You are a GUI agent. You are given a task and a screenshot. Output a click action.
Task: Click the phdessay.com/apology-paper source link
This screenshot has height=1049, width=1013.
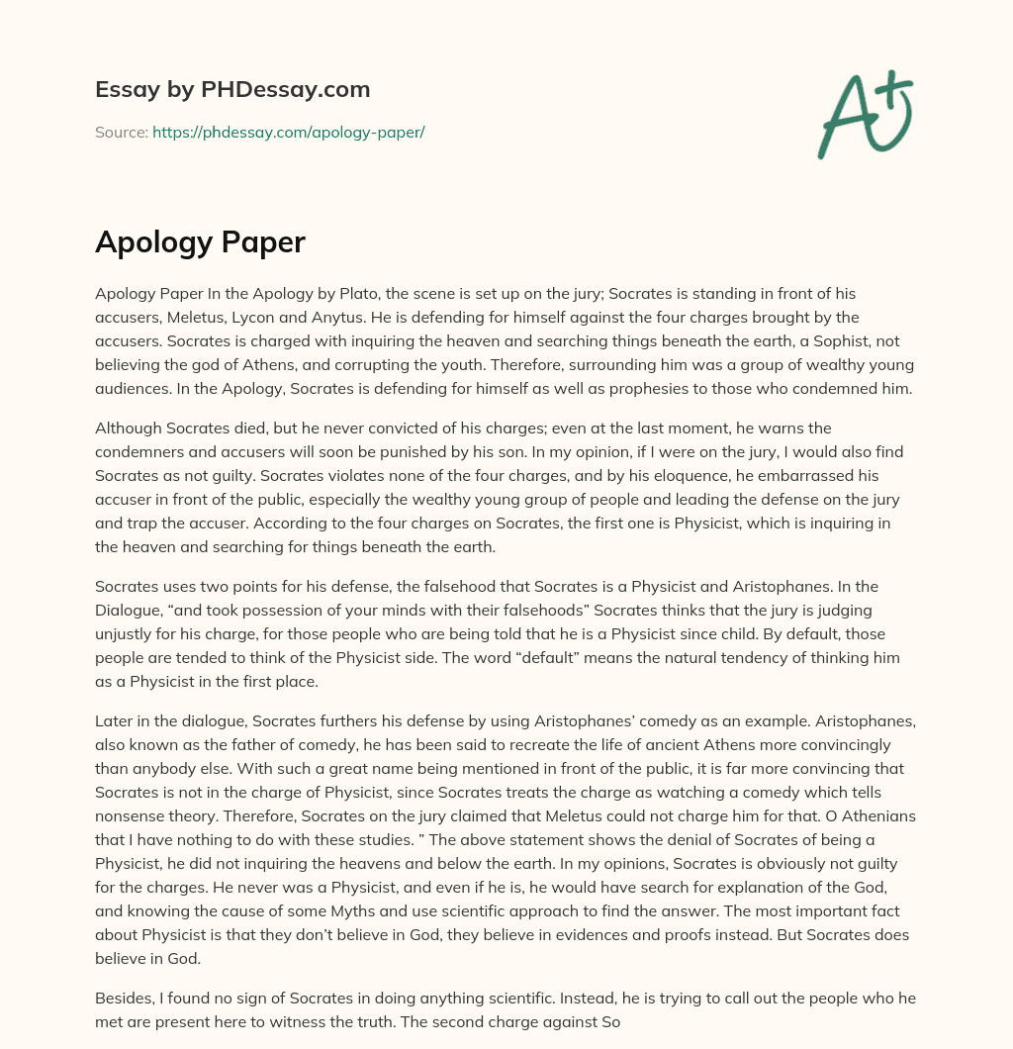[x=288, y=132]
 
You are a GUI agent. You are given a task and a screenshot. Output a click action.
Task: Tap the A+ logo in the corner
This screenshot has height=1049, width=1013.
[x=866, y=114]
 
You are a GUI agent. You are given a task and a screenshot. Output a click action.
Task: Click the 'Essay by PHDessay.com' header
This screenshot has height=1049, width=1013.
[x=232, y=90]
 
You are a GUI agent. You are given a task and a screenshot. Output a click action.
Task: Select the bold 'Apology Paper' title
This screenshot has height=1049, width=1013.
[x=200, y=242]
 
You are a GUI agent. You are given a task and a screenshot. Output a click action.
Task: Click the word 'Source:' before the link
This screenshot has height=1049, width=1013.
[x=121, y=132]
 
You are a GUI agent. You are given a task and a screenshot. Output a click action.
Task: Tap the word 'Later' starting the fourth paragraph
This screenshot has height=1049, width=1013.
[x=114, y=699]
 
